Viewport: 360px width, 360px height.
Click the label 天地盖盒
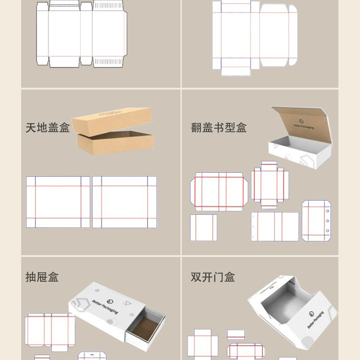(48, 127)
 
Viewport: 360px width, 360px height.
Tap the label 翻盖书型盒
(219, 127)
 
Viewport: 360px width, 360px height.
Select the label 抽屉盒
(42, 277)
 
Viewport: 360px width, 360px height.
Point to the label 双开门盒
(213, 277)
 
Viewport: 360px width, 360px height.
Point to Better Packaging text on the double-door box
(315, 319)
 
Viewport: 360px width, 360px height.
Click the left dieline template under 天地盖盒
(58, 202)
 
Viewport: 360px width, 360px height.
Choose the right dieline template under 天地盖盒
(125, 202)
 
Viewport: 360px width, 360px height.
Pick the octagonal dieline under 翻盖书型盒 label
(219, 191)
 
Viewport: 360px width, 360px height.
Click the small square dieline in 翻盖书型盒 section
(203, 227)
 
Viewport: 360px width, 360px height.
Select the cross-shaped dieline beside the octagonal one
(269, 184)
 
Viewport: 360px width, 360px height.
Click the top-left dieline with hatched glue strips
(81, 35)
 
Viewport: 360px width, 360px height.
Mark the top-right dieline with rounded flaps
(255, 36)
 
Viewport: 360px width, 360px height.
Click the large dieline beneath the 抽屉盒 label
(49, 331)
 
